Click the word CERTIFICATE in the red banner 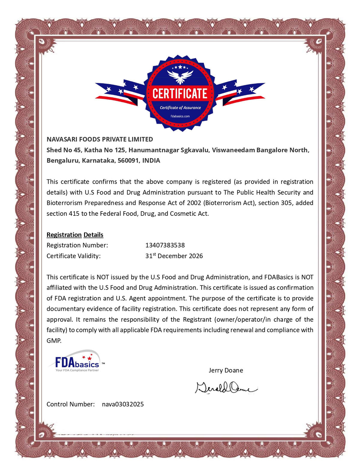click(180, 94)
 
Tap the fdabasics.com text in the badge click(180, 116)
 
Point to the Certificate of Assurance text click(180, 108)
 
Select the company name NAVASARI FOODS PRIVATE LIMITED click(100, 139)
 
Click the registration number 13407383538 click(165, 245)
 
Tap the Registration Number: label click(77, 245)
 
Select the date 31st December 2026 click(174, 256)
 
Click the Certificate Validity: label click(73, 256)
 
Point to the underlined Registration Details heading click(75, 235)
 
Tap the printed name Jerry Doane click(226, 370)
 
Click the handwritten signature click(226, 388)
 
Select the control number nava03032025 click(123, 404)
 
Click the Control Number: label click(70, 404)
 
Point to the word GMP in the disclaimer click(54, 341)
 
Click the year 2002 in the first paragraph click(194, 203)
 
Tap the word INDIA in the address click(151, 161)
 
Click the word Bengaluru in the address click(62, 161)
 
